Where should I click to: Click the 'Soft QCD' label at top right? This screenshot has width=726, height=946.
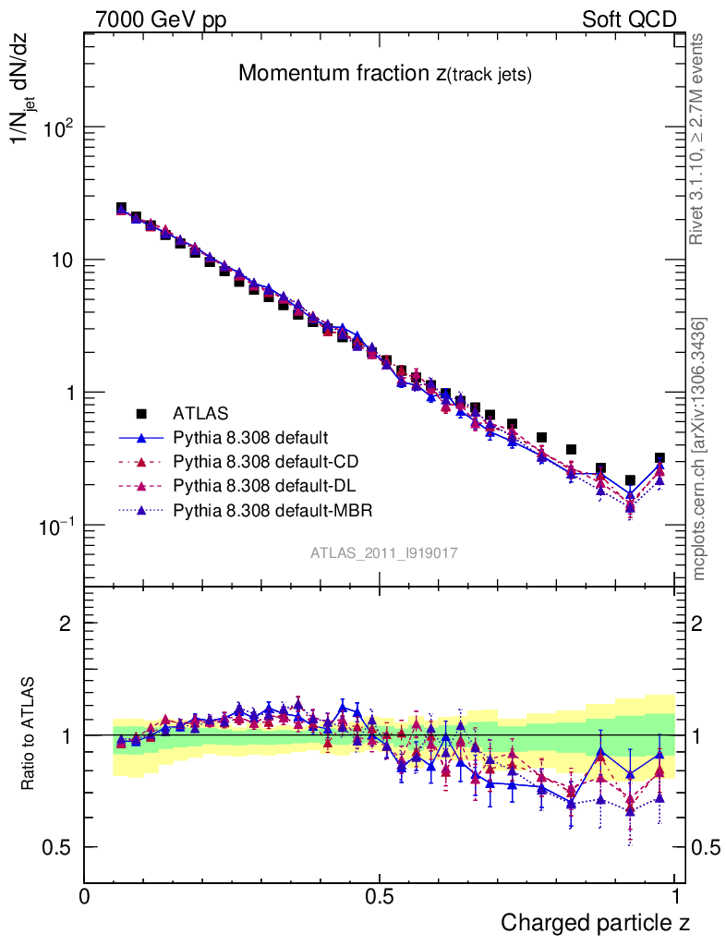click(x=629, y=19)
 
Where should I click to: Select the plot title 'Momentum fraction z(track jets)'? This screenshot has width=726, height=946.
click(x=384, y=74)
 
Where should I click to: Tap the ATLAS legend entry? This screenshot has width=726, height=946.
click(x=200, y=413)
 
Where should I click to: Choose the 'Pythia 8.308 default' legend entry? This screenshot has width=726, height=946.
click(x=250, y=437)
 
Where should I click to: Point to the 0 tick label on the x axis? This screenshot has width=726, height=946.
click(x=85, y=897)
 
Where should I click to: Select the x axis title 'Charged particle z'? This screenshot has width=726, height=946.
click(x=595, y=922)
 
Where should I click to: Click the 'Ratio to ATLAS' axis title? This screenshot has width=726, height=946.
click(x=30, y=734)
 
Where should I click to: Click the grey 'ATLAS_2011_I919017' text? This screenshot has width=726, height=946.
click(x=384, y=552)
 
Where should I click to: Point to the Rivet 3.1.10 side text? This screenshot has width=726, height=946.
click(x=698, y=139)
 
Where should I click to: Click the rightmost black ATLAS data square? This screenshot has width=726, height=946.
click(x=659, y=458)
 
